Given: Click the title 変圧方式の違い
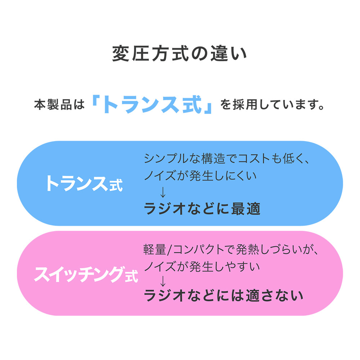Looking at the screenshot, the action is (179, 54).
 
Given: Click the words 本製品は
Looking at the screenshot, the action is (59, 105).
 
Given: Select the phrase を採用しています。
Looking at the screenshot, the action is (272, 105).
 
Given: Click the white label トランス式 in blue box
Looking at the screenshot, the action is (84, 183).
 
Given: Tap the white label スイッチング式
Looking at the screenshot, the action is (86, 274).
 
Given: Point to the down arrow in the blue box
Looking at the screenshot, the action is (163, 192).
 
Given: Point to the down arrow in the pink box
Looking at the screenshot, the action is (163, 281).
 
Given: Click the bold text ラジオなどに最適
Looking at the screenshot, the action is (202, 208).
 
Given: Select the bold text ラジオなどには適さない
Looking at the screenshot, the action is (224, 295).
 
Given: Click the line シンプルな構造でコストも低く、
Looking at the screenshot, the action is (226, 159).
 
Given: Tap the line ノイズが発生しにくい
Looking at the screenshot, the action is (200, 176).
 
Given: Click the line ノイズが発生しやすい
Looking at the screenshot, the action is (202, 267).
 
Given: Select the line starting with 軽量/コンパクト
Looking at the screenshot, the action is (231, 249).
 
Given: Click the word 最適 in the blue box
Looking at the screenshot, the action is (246, 208).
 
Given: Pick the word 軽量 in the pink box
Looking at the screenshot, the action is (155, 249).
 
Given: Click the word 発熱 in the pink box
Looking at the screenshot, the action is (247, 249).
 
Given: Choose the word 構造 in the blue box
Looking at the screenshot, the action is (213, 159).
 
